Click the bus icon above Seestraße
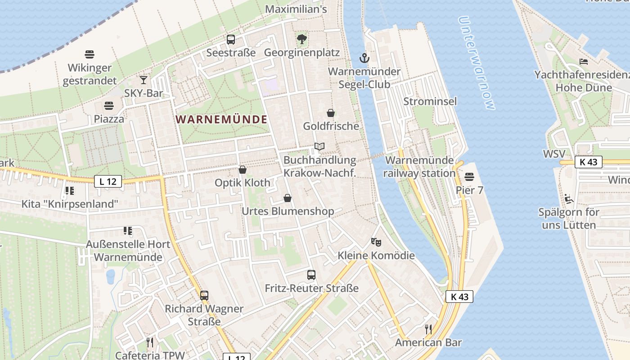coord(231,40)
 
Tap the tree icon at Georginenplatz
coord(302,39)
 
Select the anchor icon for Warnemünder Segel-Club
coord(364,58)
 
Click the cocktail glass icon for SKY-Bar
coord(144,80)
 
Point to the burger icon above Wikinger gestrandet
coord(90,54)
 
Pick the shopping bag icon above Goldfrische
coord(331,113)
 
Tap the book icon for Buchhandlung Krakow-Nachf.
coord(319,147)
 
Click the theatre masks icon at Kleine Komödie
coord(376,242)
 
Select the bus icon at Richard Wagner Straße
coord(204,296)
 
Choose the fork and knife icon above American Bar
coord(428,329)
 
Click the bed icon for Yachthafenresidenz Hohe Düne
coord(584,62)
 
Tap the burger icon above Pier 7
coord(469,177)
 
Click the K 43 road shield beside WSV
coord(588,162)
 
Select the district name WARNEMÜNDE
coord(221,120)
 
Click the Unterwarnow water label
coord(477,63)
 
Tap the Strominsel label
coord(430,101)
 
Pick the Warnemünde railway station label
coord(419,167)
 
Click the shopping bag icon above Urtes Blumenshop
coord(288,198)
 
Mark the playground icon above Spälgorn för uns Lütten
coord(569,198)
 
